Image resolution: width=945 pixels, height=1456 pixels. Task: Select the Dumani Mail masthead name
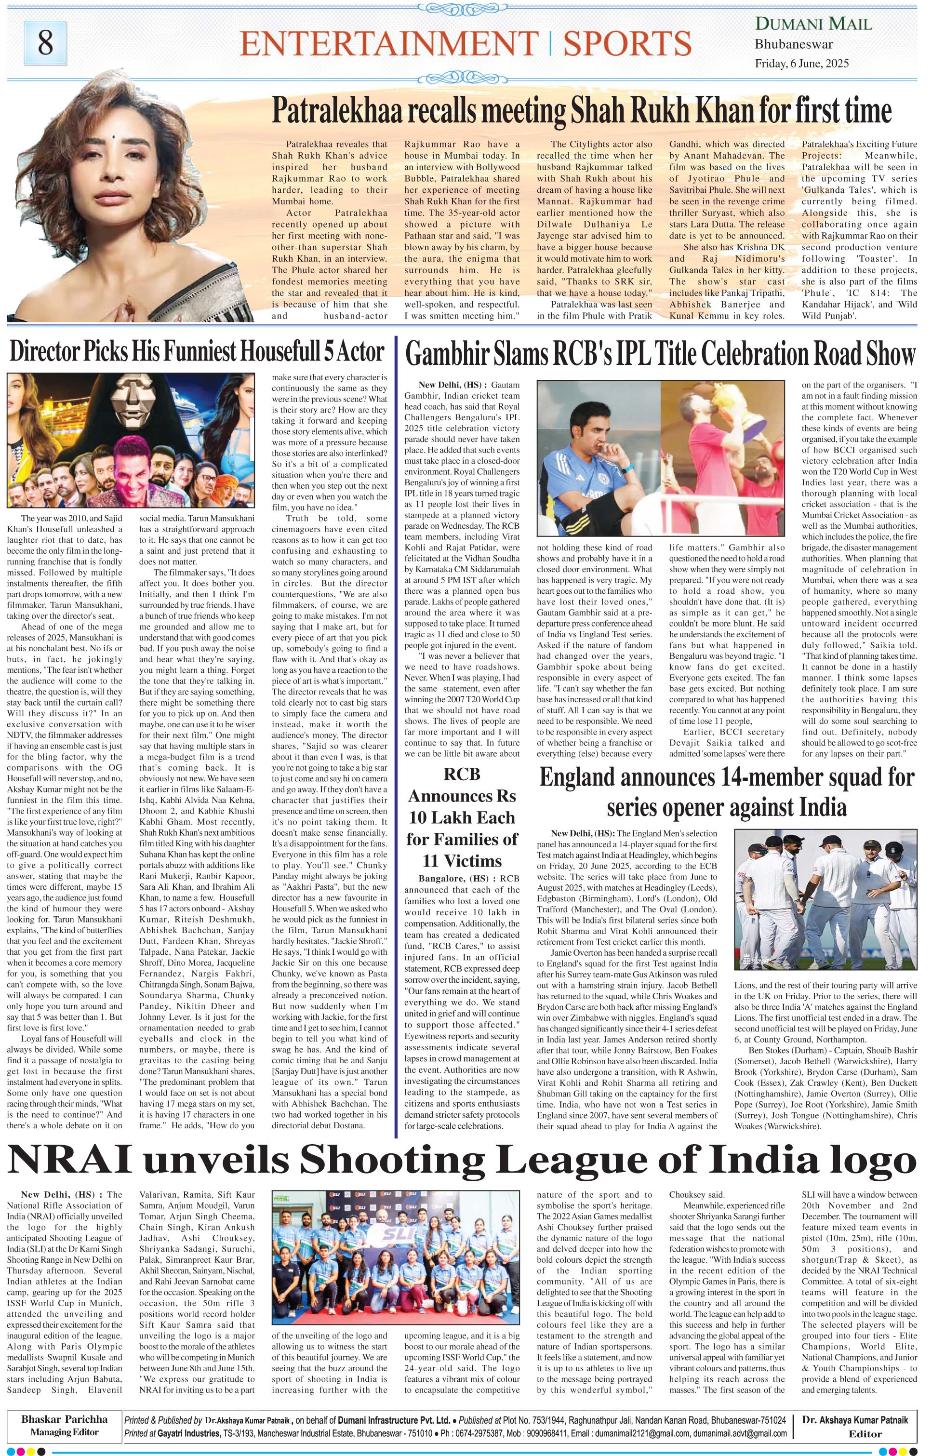point(813,25)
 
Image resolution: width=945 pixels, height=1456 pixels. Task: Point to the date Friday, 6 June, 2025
point(801,64)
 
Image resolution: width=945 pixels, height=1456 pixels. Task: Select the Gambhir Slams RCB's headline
point(661,354)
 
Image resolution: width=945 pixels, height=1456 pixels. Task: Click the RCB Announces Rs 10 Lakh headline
point(462,817)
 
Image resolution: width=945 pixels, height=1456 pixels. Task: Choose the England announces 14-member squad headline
point(726,792)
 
